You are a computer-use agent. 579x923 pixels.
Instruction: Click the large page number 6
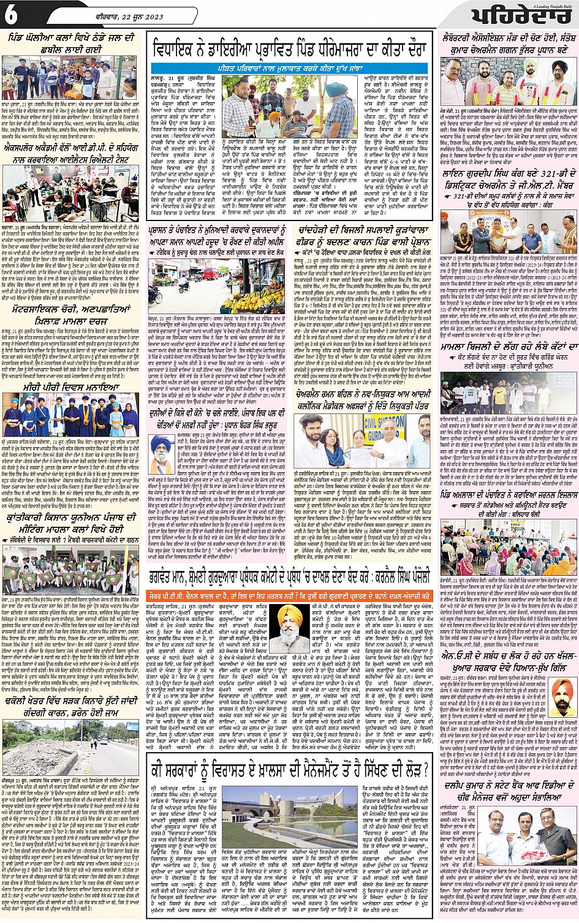point(11,15)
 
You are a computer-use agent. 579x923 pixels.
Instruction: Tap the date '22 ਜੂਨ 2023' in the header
point(142,17)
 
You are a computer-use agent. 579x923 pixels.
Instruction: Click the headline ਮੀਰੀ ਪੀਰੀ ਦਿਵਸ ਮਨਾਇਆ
point(70,386)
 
